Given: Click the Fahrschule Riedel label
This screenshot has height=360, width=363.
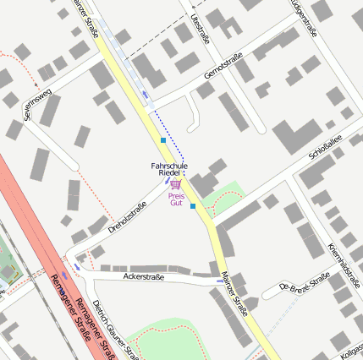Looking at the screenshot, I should click(x=169, y=169).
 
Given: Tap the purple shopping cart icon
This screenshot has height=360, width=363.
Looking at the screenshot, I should click(x=175, y=184).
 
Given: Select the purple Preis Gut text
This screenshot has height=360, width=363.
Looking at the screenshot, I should click(x=176, y=199).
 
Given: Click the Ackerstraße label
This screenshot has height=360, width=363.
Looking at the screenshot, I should click(x=143, y=276).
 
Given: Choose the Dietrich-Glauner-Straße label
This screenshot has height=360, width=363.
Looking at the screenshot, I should click(x=113, y=329).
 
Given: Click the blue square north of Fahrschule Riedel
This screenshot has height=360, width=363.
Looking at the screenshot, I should click(x=162, y=139).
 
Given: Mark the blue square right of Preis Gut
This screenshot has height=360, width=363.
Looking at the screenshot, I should click(x=193, y=205).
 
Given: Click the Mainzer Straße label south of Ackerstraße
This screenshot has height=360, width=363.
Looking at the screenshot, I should click(x=234, y=292).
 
